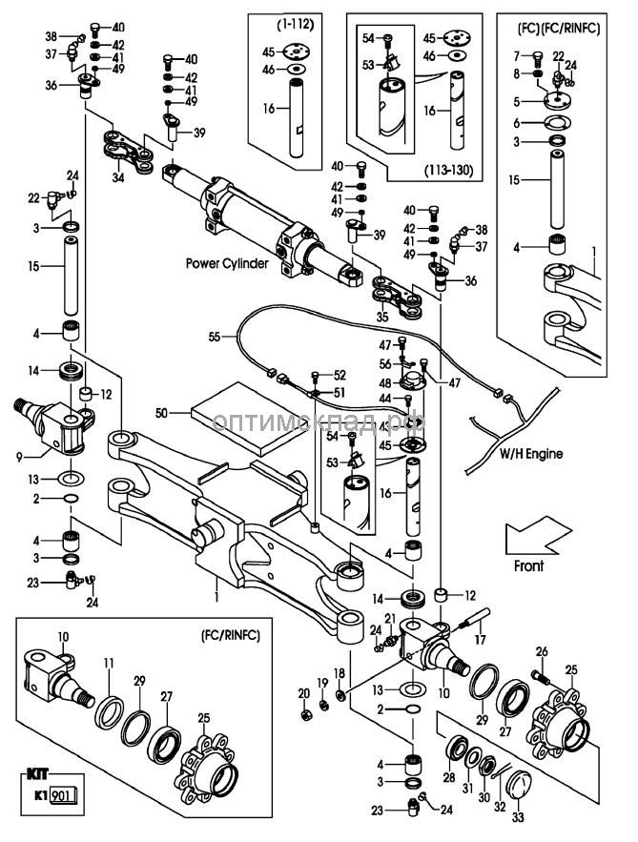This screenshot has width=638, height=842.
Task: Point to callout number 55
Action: pyautogui.click(x=215, y=337)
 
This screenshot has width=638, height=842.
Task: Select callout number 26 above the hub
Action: pyautogui.click(x=541, y=651)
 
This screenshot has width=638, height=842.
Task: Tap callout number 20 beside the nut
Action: pyautogui.click(x=304, y=691)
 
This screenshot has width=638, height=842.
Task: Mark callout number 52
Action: pyautogui.click(x=340, y=374)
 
